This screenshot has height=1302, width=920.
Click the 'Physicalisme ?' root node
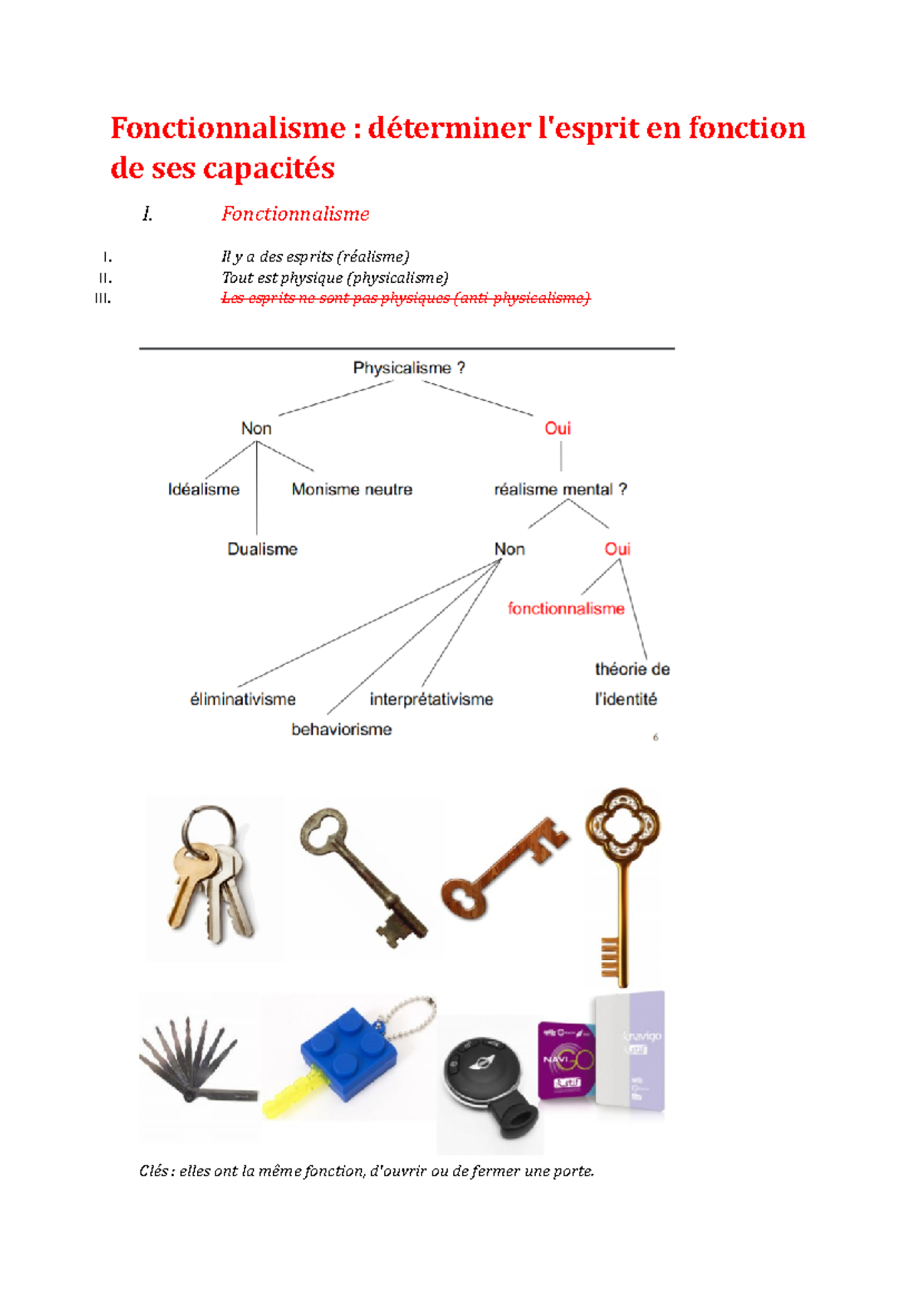[409, 368]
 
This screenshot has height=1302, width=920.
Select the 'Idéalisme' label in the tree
[203, 489]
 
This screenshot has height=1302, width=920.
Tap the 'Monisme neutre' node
[352, 489]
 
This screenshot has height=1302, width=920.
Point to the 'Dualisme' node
[262, 549]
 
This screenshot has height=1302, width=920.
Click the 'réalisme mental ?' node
[560, 489]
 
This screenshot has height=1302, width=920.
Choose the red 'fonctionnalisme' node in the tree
[566, 609]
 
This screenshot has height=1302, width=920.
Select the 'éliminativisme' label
[242, 699]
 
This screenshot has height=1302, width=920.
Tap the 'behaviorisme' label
[341, 729]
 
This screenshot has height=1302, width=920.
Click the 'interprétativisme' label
[431, 699]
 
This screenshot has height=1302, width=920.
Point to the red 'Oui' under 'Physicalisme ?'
[557, 429]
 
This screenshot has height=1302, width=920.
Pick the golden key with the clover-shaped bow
[622, 882]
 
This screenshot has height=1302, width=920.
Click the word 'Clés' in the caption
[155, 1171]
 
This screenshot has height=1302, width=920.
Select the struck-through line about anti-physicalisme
[406, 298]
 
